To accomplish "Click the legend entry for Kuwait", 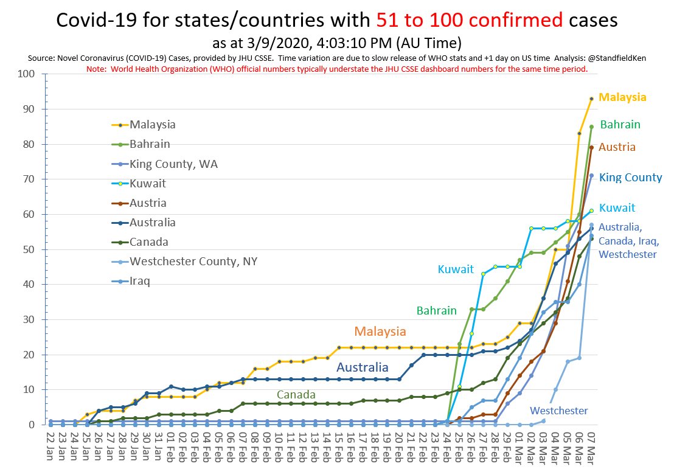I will pos(147,183).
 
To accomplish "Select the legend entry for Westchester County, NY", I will pos(193,262).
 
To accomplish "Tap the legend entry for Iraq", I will pos(141,281).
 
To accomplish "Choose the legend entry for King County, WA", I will pos(173,164).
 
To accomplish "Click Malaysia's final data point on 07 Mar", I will pos(591,99).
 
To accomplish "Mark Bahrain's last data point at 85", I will pos(591,127).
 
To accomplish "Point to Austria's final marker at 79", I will pos(591,148).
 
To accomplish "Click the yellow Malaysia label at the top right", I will pos(622,97).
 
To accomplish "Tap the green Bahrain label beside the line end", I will pos(620,125).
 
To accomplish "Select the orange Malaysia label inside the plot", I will pos(380,332).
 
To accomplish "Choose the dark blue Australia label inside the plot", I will pos(362,367).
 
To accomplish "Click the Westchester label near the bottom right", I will pos(558,411).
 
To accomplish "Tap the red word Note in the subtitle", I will pos(96,69).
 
